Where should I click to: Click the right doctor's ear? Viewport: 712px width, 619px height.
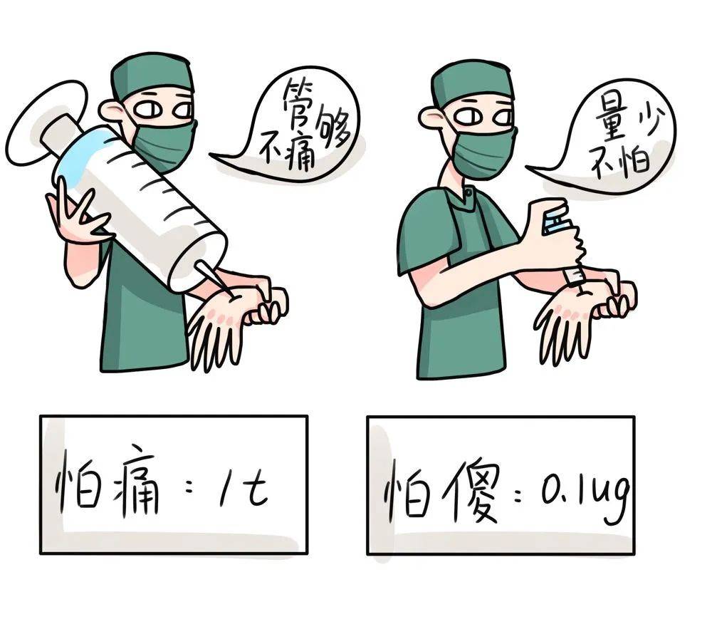[x=430, y=118]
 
